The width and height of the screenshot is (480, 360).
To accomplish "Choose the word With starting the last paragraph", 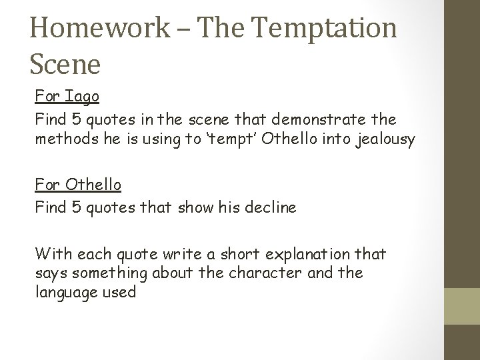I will [53, 253].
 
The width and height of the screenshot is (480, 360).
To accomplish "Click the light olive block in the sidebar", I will [462, 307].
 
